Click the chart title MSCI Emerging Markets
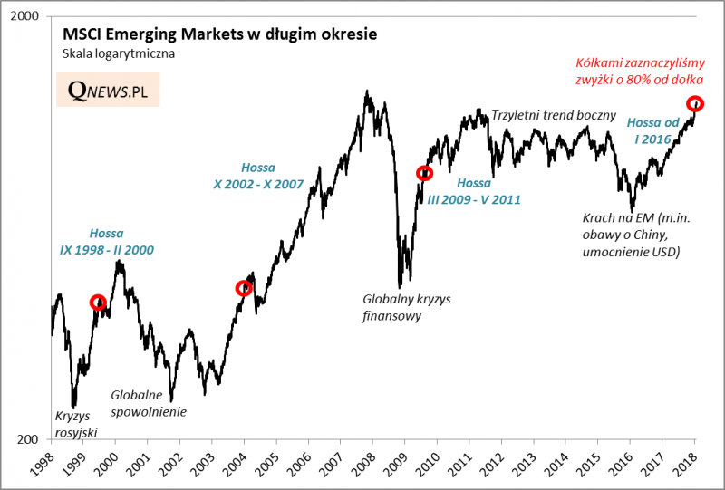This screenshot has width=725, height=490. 218,34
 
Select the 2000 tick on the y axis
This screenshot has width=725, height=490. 26,18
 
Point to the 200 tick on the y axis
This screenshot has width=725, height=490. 30,439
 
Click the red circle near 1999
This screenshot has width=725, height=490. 98,303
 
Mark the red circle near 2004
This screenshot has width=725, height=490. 243,288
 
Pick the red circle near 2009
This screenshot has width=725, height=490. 424,172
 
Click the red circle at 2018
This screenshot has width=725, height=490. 694,102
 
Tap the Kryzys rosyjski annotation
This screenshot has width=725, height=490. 76,424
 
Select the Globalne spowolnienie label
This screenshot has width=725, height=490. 149,403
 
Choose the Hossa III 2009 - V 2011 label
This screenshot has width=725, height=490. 474,191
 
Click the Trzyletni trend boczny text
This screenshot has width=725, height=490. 553,116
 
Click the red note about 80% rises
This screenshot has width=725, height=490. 640,72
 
